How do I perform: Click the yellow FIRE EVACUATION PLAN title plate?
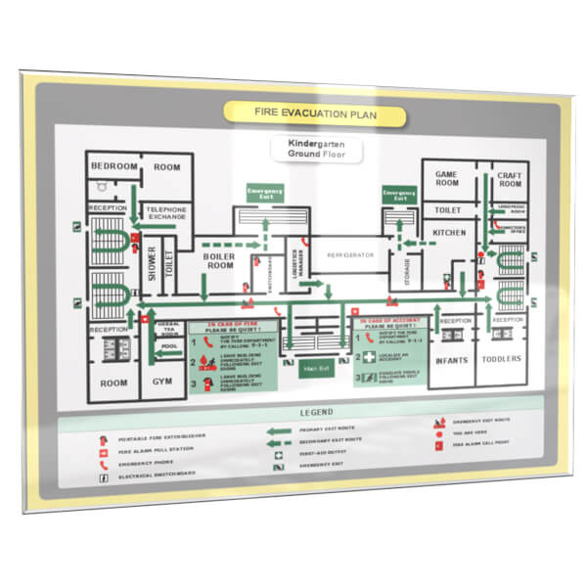coord(313,113)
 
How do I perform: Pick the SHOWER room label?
coord(152,262)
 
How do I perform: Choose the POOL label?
coord(170,346)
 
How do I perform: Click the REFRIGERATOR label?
coord(350,255)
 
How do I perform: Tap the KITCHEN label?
coord(449,233)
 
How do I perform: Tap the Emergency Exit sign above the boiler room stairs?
coord(265,193)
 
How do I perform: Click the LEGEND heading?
coord(316,412)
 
